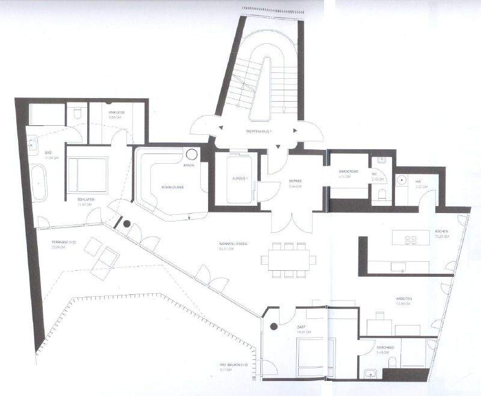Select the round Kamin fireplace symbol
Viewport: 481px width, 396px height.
tap(191, 154)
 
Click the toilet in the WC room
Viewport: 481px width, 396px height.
tap(380, 194)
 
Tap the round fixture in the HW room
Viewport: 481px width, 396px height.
tap(402, 180)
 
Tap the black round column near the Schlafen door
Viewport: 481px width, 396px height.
tap(127, 224)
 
